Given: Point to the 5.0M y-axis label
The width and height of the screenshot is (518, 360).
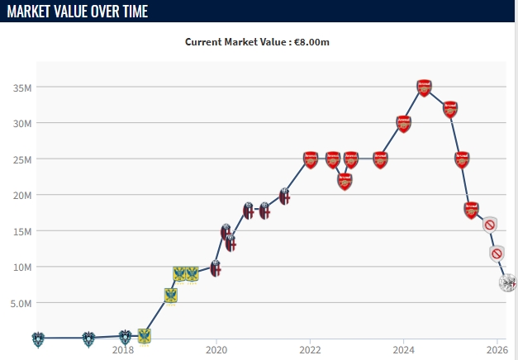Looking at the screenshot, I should [x=20, y=303].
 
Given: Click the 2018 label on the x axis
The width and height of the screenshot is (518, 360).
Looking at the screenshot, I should [x=123, y=350].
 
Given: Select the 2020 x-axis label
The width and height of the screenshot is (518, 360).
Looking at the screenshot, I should [x=216, y=350].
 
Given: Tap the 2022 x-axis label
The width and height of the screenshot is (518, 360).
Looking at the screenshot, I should [x=310, y=350].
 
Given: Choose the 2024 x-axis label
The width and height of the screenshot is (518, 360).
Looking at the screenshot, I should [x=403, y=350].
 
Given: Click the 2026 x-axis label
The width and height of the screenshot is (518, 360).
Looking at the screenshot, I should [x=497, y=350].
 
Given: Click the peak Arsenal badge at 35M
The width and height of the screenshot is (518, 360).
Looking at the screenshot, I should [x=424, y=88].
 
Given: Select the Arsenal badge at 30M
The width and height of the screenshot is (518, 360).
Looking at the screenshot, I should [x=403, y=124].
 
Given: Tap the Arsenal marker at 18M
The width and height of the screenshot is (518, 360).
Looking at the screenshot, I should [x=471, y=210].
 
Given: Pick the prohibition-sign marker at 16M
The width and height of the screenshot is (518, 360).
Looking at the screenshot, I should [x=490, y=225].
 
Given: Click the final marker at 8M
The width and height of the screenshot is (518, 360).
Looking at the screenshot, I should [x=508, y=282].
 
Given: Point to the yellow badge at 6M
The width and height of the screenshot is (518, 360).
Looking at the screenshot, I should [x=170, y=295].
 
